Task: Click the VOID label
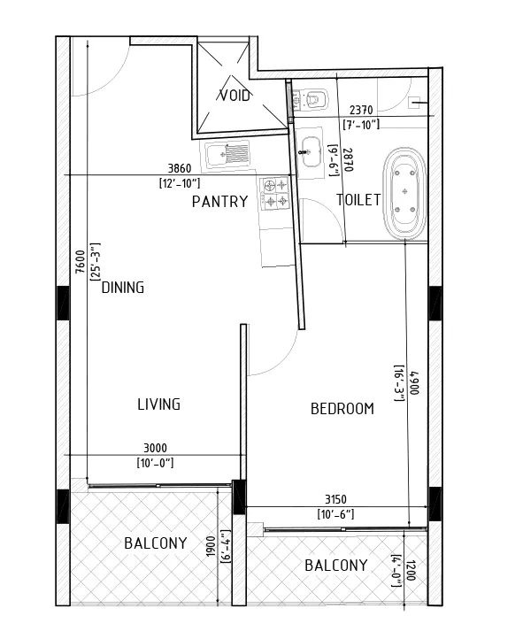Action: click(x=235, y=96)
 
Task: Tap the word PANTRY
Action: click(x=220, y=202)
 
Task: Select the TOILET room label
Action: click(x=358, y=200)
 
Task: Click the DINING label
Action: click(x=123, y=288)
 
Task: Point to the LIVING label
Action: click(x=159, y=404)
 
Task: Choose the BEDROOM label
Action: click(x=342, y=409)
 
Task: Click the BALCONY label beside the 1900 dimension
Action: click(x=156, y=543)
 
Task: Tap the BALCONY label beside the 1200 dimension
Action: click(x=336, y=566)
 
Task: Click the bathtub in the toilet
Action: click(x=404, y=194)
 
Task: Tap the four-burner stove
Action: click(x=276, y=193)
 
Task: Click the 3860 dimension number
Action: click(x=180, y=168)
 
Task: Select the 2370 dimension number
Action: click(x=361, y=110)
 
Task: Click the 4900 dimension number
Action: click(x=414, y=382)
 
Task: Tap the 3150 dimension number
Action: click(x=335, y=499)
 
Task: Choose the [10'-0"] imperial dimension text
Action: click(x=155, y=464)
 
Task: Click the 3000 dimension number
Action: click(x=155, y=449)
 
